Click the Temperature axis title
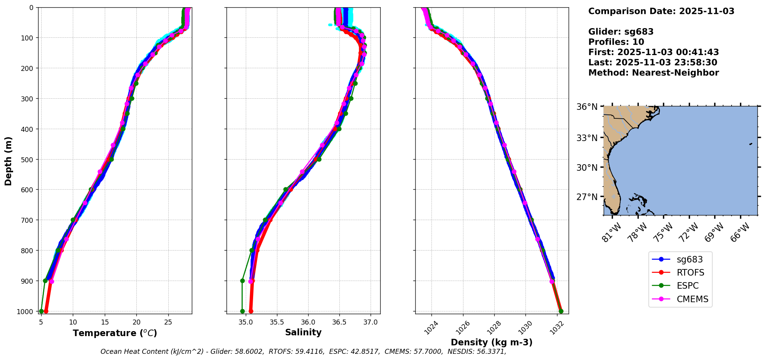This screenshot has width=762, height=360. (x=115, y=333)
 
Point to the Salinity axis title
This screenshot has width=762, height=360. (x=303, y=332)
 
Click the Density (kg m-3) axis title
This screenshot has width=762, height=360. (x=492, y=342)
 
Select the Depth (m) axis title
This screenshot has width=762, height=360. (x=8, y=161)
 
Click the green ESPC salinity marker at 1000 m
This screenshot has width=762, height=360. (x=242, y=311)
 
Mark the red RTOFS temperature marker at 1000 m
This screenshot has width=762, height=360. (x=46, y=311)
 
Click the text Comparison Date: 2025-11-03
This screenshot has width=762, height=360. (x=661, y=11)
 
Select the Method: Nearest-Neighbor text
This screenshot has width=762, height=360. (x=653, y=73)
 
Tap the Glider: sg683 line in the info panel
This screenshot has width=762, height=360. (x=621, y=32)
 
